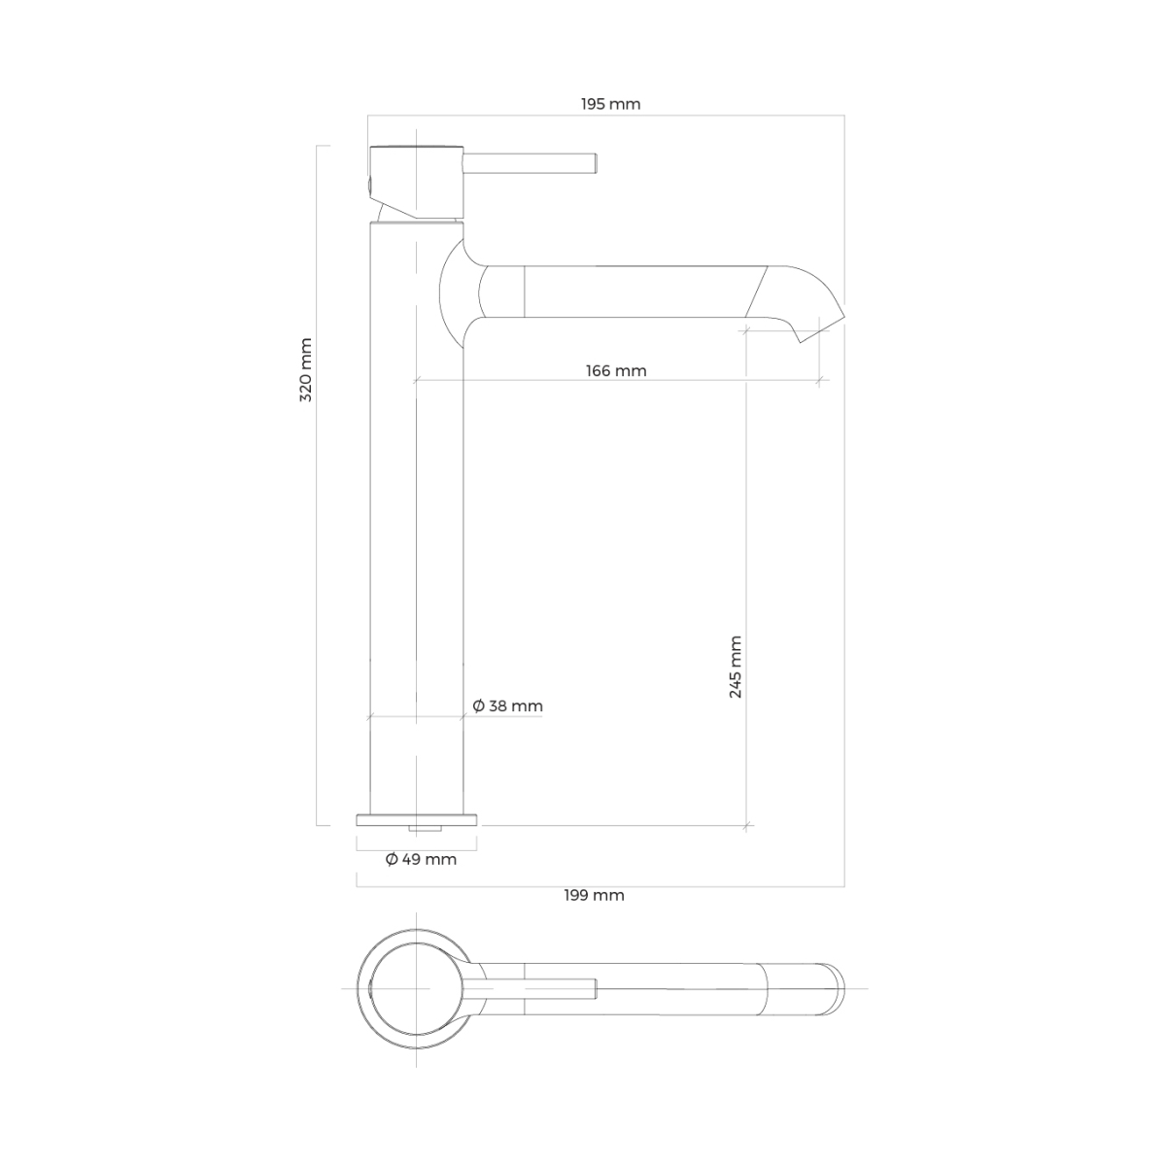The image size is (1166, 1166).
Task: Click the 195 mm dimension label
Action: pos(610,104)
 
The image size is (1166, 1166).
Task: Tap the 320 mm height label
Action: pos(306,369)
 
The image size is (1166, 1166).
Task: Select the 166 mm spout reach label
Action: pos(616,370)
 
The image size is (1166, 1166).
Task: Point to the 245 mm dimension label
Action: pos(736,667)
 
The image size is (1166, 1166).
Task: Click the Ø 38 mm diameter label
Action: pos(507,706)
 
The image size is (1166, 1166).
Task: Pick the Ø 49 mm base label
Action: pos(421,859)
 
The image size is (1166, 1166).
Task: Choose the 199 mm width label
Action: pos(595,895)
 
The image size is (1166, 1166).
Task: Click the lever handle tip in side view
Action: pos(597,162)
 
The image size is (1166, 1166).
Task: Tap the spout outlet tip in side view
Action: pos(822,327)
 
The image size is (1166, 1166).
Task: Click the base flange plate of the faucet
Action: pos(417,820)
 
